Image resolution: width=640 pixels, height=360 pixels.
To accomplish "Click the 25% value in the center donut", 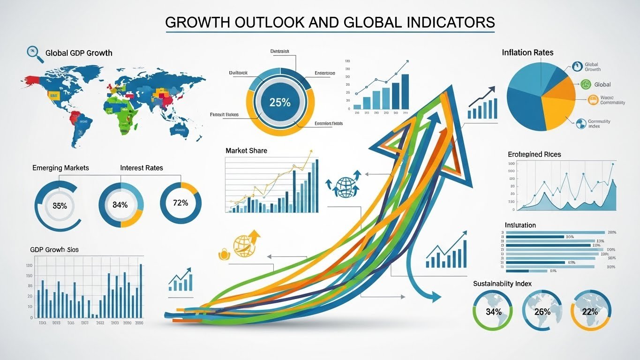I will coord(280,103).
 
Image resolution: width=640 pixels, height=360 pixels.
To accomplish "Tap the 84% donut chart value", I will coord(120,204).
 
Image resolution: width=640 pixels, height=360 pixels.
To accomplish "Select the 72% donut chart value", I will coord(181,203).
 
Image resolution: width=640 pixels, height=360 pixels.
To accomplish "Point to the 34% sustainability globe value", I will coord(494,311).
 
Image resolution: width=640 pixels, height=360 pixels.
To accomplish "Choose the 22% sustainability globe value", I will coord(590,311).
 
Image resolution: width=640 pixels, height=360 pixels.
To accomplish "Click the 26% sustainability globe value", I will coord(542,311).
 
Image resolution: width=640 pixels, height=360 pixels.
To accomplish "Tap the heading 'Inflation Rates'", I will coord(527,52).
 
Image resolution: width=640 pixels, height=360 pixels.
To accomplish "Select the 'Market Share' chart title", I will coord(246,150).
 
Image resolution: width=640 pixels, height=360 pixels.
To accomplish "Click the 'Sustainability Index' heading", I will coord(502,284).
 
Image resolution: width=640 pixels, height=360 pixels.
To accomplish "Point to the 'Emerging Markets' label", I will coord(60,168).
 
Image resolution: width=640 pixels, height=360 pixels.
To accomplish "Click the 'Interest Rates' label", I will coord(142,168).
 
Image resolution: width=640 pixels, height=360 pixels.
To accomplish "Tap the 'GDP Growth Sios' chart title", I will coord(54,250).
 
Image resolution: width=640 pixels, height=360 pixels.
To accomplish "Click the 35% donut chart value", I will coord(60,205).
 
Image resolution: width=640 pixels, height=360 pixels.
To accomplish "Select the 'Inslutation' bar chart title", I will coord(520,225).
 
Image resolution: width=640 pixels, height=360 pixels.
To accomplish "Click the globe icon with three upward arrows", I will coord(346,184).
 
